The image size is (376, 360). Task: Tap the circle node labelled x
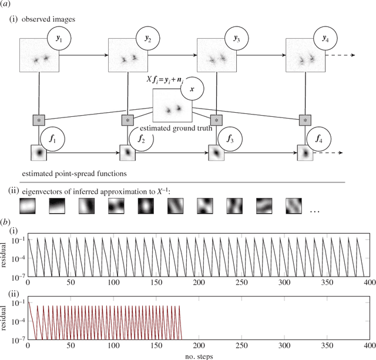195,89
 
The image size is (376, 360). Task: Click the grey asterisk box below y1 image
38,120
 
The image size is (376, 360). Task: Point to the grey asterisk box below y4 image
304,120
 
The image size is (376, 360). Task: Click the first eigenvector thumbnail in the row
28,206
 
